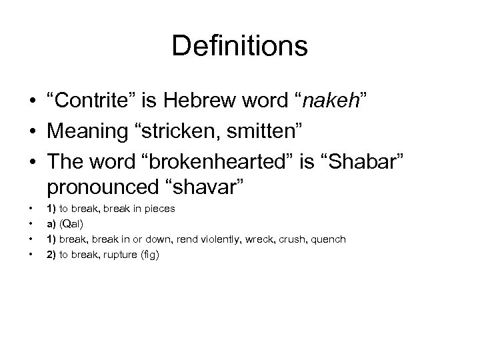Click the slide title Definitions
(x=239, y=47)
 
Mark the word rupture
(x=119, y=254)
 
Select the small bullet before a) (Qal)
(x=31, y=223)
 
